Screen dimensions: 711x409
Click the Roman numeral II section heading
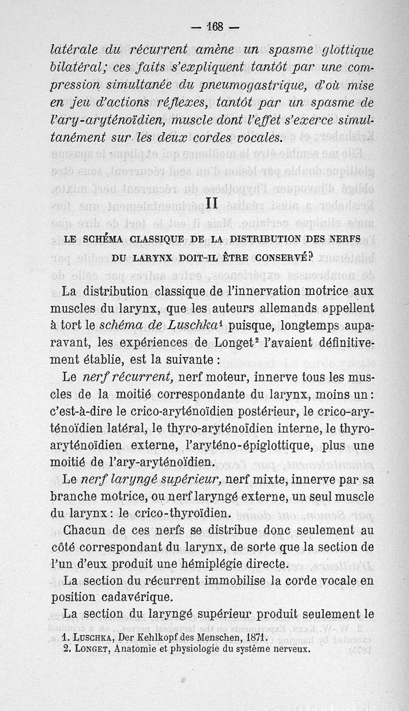[213, 203]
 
